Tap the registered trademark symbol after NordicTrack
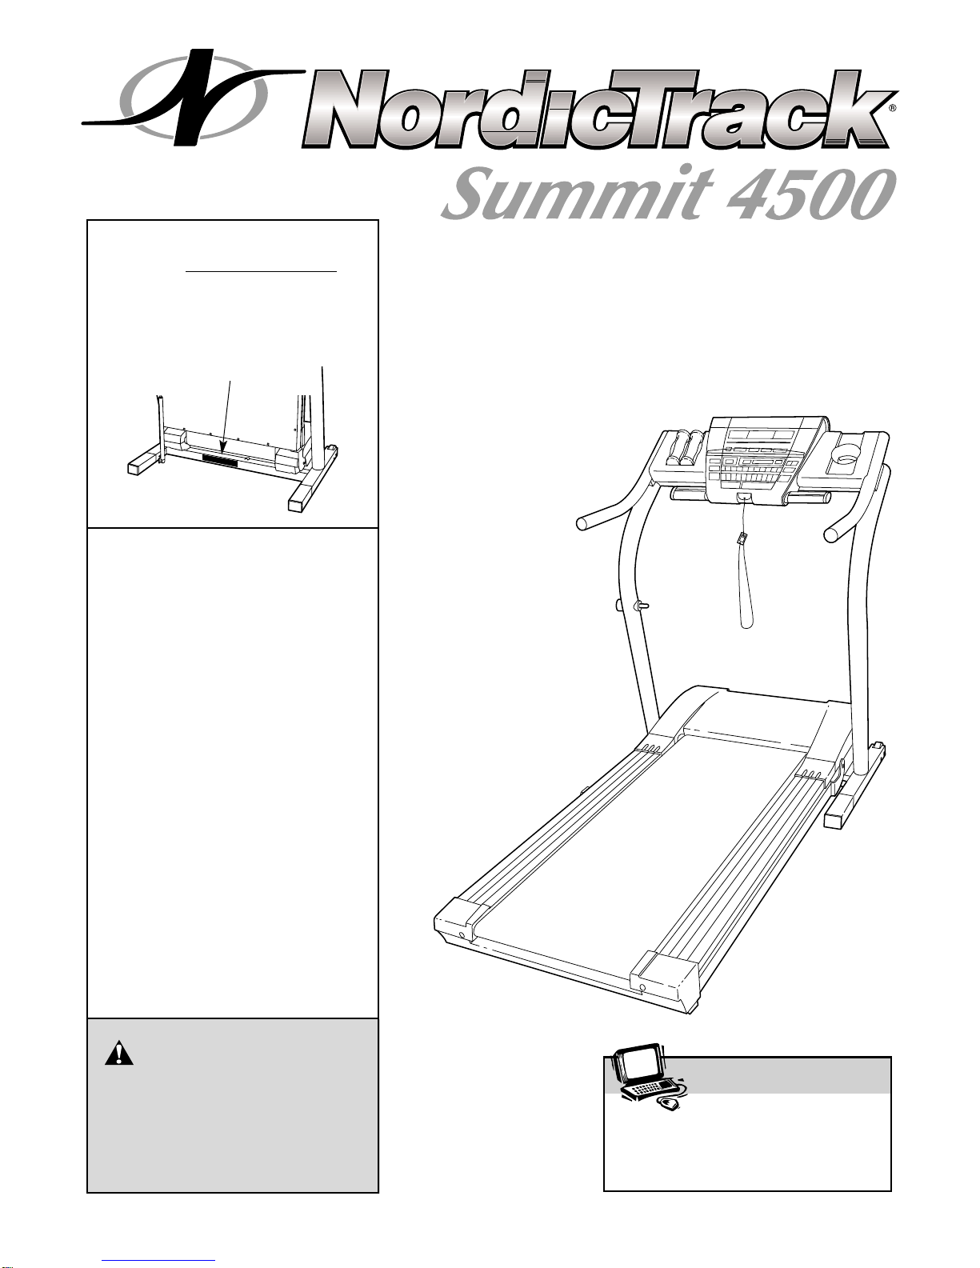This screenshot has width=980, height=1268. coord(893,107)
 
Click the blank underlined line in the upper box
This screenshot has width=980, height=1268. coord(262,271)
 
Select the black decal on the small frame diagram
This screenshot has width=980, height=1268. coord(221,461)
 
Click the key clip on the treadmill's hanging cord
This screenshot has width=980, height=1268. coord(744,538)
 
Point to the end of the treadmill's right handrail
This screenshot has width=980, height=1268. coord(833,534)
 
